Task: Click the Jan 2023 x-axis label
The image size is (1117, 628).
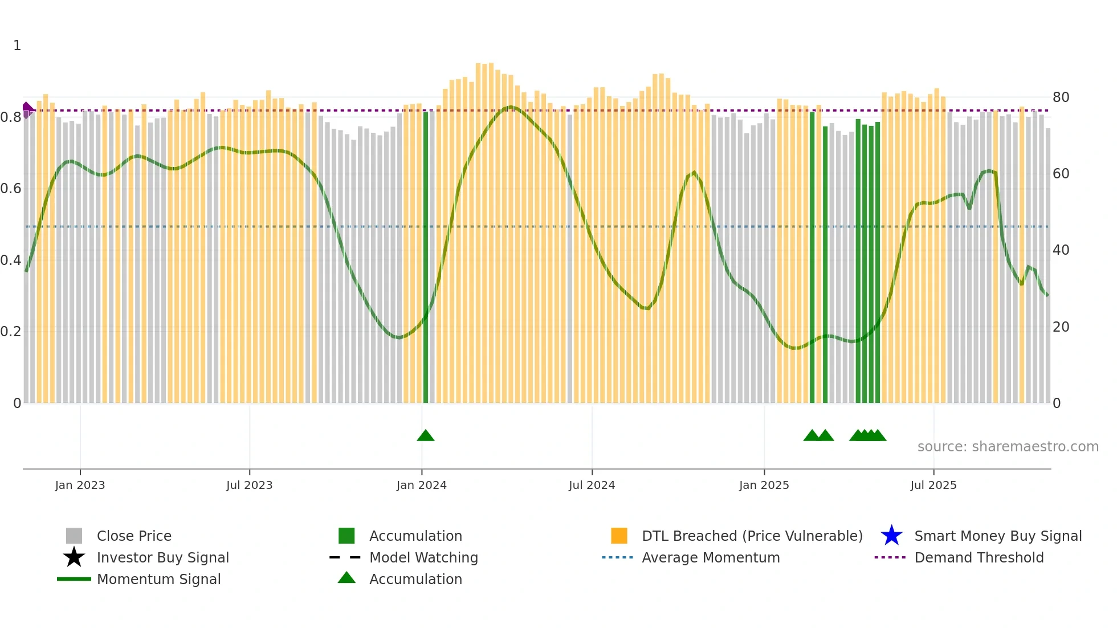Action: (80, 485)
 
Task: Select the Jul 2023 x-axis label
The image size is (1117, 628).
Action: (249, 485)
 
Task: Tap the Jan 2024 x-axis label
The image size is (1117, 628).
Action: (421, 485)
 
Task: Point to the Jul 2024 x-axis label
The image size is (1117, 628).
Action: (592, 485)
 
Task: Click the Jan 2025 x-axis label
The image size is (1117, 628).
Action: (764, 485)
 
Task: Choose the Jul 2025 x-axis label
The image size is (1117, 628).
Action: (933, 485)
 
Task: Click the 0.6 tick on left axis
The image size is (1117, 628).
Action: (10, 189)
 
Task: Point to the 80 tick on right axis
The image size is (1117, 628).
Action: (1061, 97)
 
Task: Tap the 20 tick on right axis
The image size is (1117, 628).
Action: (1061, 327)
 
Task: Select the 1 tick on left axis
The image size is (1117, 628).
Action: (17, 46)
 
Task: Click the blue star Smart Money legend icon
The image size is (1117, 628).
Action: (891, 536)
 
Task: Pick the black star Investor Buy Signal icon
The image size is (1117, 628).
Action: (74, 557)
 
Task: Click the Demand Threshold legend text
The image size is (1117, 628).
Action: (979, 557)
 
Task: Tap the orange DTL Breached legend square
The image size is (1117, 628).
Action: (619, 536)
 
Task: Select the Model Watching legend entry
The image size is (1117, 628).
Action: (423, 557)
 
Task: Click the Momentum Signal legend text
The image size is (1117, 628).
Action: (158, 579)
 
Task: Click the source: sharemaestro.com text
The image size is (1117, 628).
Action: (1008, 447)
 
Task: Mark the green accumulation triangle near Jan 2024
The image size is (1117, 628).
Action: (426, 436)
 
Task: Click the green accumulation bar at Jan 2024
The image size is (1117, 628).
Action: (426, 256)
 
